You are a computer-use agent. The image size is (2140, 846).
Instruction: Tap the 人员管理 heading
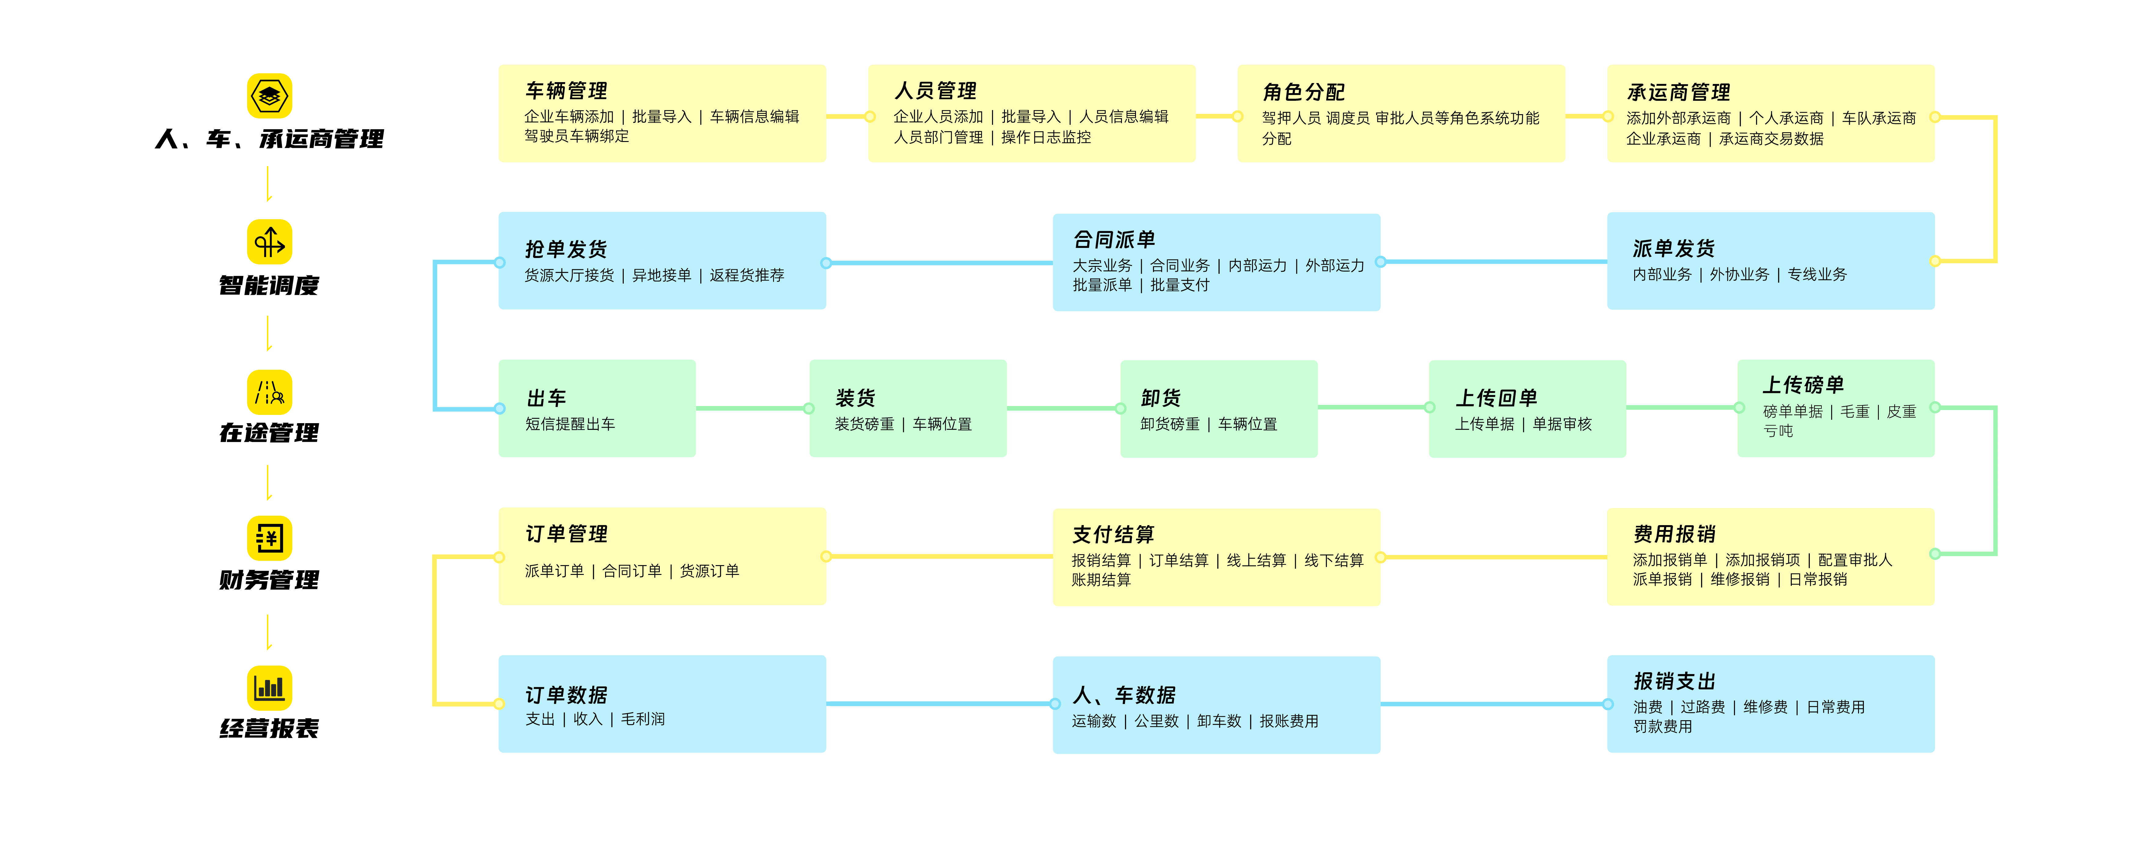pyautogui.click(x=935, y=90)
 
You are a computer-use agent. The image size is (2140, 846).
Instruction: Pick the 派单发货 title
pyautogui.click(x=1674, y=248)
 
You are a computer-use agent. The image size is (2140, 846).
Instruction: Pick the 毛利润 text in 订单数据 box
pyautogui.click(x=643, y=719)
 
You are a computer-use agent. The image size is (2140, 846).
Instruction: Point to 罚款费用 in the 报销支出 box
pyautogui.click(x=1662, y=726)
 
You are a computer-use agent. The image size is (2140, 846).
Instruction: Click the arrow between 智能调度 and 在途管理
pyautogui.click(x=268, y=334)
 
